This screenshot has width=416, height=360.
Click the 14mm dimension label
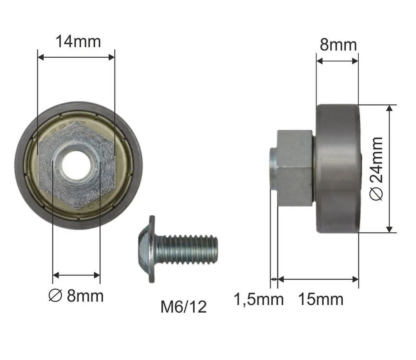[x=78, y=42]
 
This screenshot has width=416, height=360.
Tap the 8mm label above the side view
[x=338, y=45]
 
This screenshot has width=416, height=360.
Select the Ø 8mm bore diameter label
[x=76, y=296]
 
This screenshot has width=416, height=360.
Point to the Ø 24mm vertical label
[x=376, y=169]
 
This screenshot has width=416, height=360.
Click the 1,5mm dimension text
[x=259, y=300]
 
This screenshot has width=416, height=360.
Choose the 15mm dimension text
[x=321, y=300]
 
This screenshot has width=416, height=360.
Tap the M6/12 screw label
[x=183, y=307]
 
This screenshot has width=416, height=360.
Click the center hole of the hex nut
[x=76, y=165]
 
